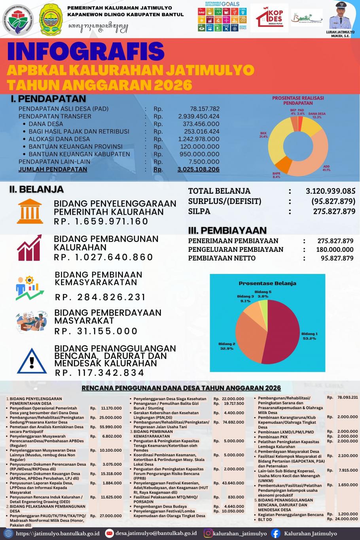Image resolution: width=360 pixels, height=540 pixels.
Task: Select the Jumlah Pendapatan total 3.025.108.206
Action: (199, 169)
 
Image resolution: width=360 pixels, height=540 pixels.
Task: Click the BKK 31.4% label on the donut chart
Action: (263, 135)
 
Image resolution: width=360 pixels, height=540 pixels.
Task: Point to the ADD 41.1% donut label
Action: (326, 168)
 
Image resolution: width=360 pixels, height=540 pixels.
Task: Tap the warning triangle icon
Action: (32, 360)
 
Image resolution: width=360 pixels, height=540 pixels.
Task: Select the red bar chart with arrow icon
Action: (29, 248)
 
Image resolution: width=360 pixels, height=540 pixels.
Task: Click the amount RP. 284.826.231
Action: (100, 297)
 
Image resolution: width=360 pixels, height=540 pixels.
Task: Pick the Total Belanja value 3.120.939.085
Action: (330, 191)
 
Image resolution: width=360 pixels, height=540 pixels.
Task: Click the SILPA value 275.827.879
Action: (334, 211)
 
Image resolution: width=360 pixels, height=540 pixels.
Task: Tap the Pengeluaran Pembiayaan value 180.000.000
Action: (335, 249)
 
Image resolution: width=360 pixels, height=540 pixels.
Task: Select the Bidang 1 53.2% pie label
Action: (309, 336)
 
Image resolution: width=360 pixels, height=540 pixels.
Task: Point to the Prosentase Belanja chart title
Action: (267, 283)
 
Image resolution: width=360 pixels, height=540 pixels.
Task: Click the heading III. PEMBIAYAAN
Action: (227, 230)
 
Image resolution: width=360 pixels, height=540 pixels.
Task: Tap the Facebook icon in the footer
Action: (275, 533)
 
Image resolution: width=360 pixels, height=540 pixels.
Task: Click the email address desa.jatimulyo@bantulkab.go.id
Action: (156, 533)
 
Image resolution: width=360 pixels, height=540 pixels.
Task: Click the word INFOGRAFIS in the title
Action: (85, 51)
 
